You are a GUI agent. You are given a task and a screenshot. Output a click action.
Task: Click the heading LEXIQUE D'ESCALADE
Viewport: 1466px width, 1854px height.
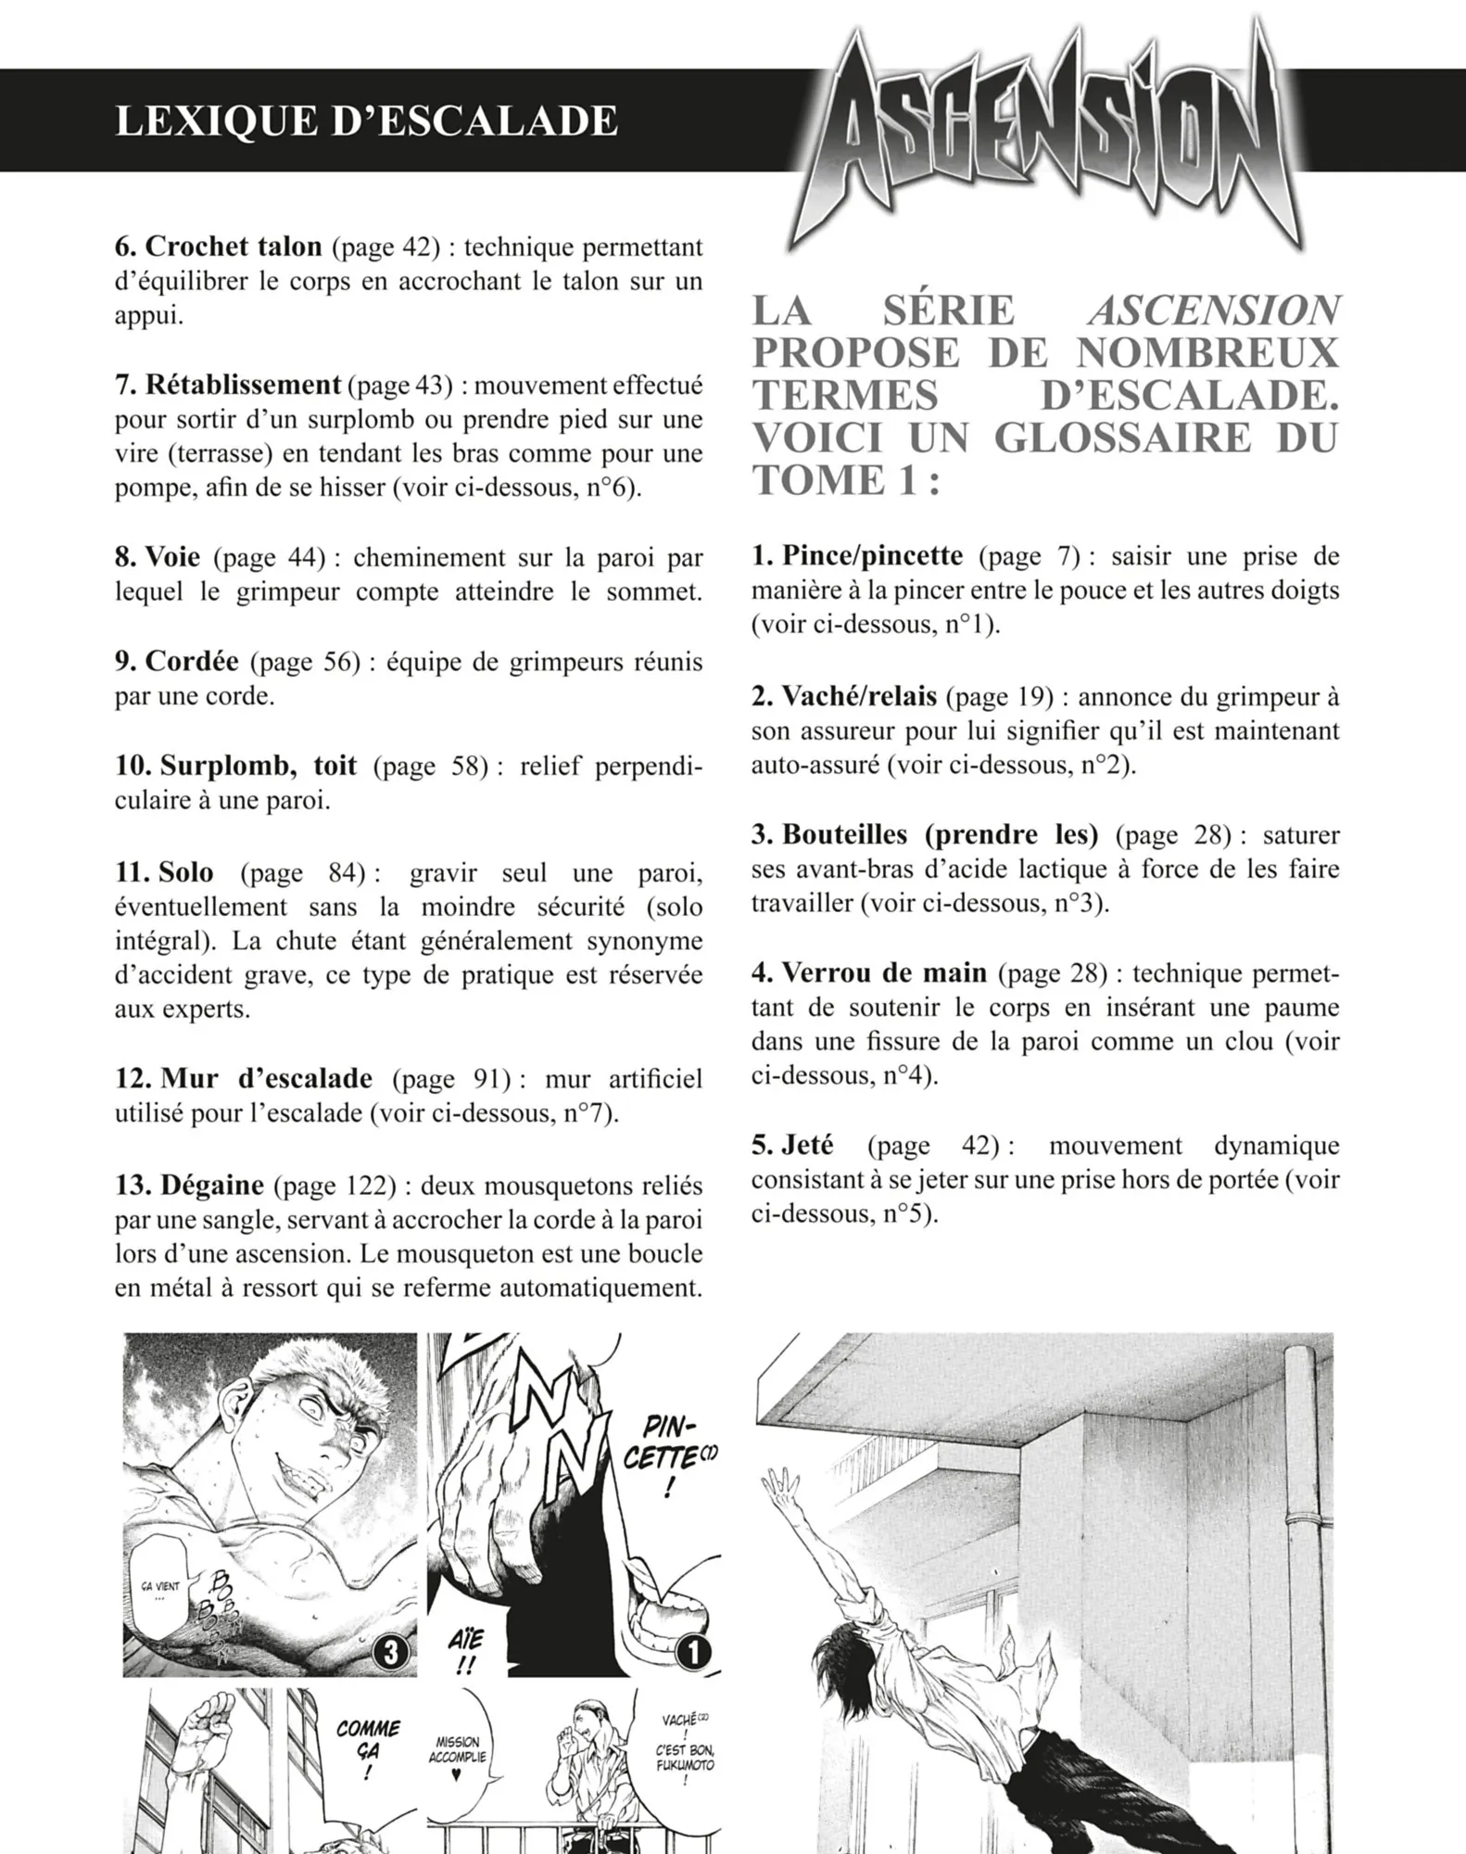pyautogui.click(x=366, y=121)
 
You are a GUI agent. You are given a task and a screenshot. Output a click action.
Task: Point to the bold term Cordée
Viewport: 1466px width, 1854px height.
pyautogui.click(x=191, y=661)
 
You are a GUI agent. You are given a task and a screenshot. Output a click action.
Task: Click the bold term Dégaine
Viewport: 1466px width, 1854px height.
pyautogui.click(x=211, y=1185)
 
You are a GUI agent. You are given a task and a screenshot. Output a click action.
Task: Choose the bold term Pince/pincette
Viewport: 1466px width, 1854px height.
pyautogui.click(x=872, y=555)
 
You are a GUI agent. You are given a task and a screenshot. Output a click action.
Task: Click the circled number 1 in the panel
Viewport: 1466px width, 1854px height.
pyautogui.click(x=693, y=1652)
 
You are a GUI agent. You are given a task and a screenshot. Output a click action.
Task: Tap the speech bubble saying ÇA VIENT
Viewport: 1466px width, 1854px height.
pyautogui.click(x=160, y=1592)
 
